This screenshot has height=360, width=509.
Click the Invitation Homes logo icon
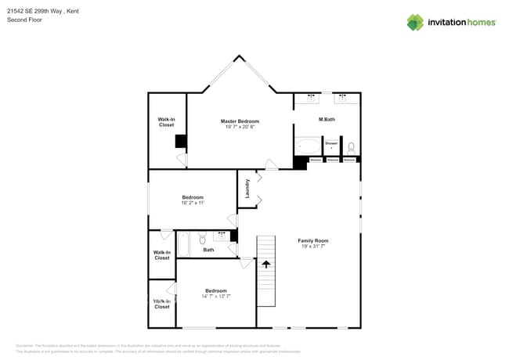(415, 23)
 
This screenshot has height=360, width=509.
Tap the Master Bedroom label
(240, 121)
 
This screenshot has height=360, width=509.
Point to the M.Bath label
(327, 119)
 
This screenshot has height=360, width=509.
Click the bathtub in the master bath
(308, 146)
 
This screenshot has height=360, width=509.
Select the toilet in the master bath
(351, 146)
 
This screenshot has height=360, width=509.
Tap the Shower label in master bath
(331, 143)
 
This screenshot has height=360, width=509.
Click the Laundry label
(247, 189)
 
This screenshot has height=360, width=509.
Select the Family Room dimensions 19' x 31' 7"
(312, 247)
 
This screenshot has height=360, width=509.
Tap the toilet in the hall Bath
(202, 239)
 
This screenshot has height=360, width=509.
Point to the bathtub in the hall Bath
(184, 244)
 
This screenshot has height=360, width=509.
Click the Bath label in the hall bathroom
(208, 250)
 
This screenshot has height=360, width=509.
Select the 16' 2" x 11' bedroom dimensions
(193, 203)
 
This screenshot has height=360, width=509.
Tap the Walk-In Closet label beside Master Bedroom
(166, 122)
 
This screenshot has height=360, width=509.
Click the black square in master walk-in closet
(180, 142)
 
